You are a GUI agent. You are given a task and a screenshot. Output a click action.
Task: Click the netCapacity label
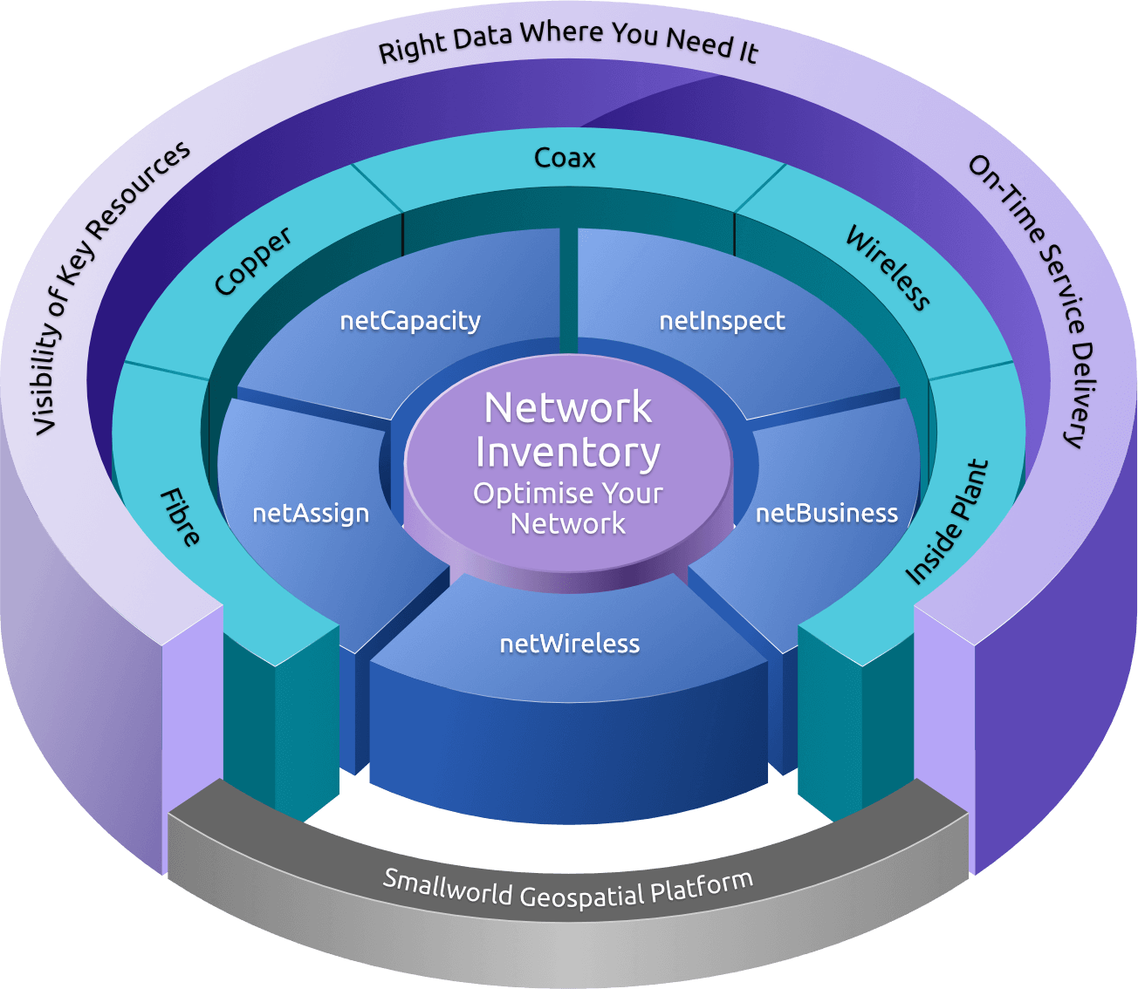click(x=410, y=322)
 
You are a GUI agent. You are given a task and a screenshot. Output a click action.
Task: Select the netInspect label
click(x=722, y=321)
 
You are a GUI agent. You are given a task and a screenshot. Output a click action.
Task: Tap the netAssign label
click(x=311, y=514)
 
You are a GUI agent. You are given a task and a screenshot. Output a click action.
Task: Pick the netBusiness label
click(x=826, y=513)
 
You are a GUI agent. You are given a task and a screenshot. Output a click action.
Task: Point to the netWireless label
click(x=569, y=644)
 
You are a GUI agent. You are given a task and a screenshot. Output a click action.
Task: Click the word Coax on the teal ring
click(x=565, y=158)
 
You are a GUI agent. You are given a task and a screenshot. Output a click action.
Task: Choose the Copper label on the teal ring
click(x=253, y=261)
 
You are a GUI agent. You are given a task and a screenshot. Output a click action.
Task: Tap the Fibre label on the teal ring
click(x=180, y=518)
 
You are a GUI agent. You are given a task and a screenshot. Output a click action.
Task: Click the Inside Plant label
click(x=948, y=522)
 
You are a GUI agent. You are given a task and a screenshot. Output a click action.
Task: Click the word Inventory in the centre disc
click(x=568, y=454)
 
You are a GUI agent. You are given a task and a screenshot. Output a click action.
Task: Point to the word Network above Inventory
click(x=568, y=408)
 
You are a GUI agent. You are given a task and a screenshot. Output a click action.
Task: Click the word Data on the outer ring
click(x=481, y=39)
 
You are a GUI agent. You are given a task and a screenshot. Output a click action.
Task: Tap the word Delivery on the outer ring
click(x=1080, y=394)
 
